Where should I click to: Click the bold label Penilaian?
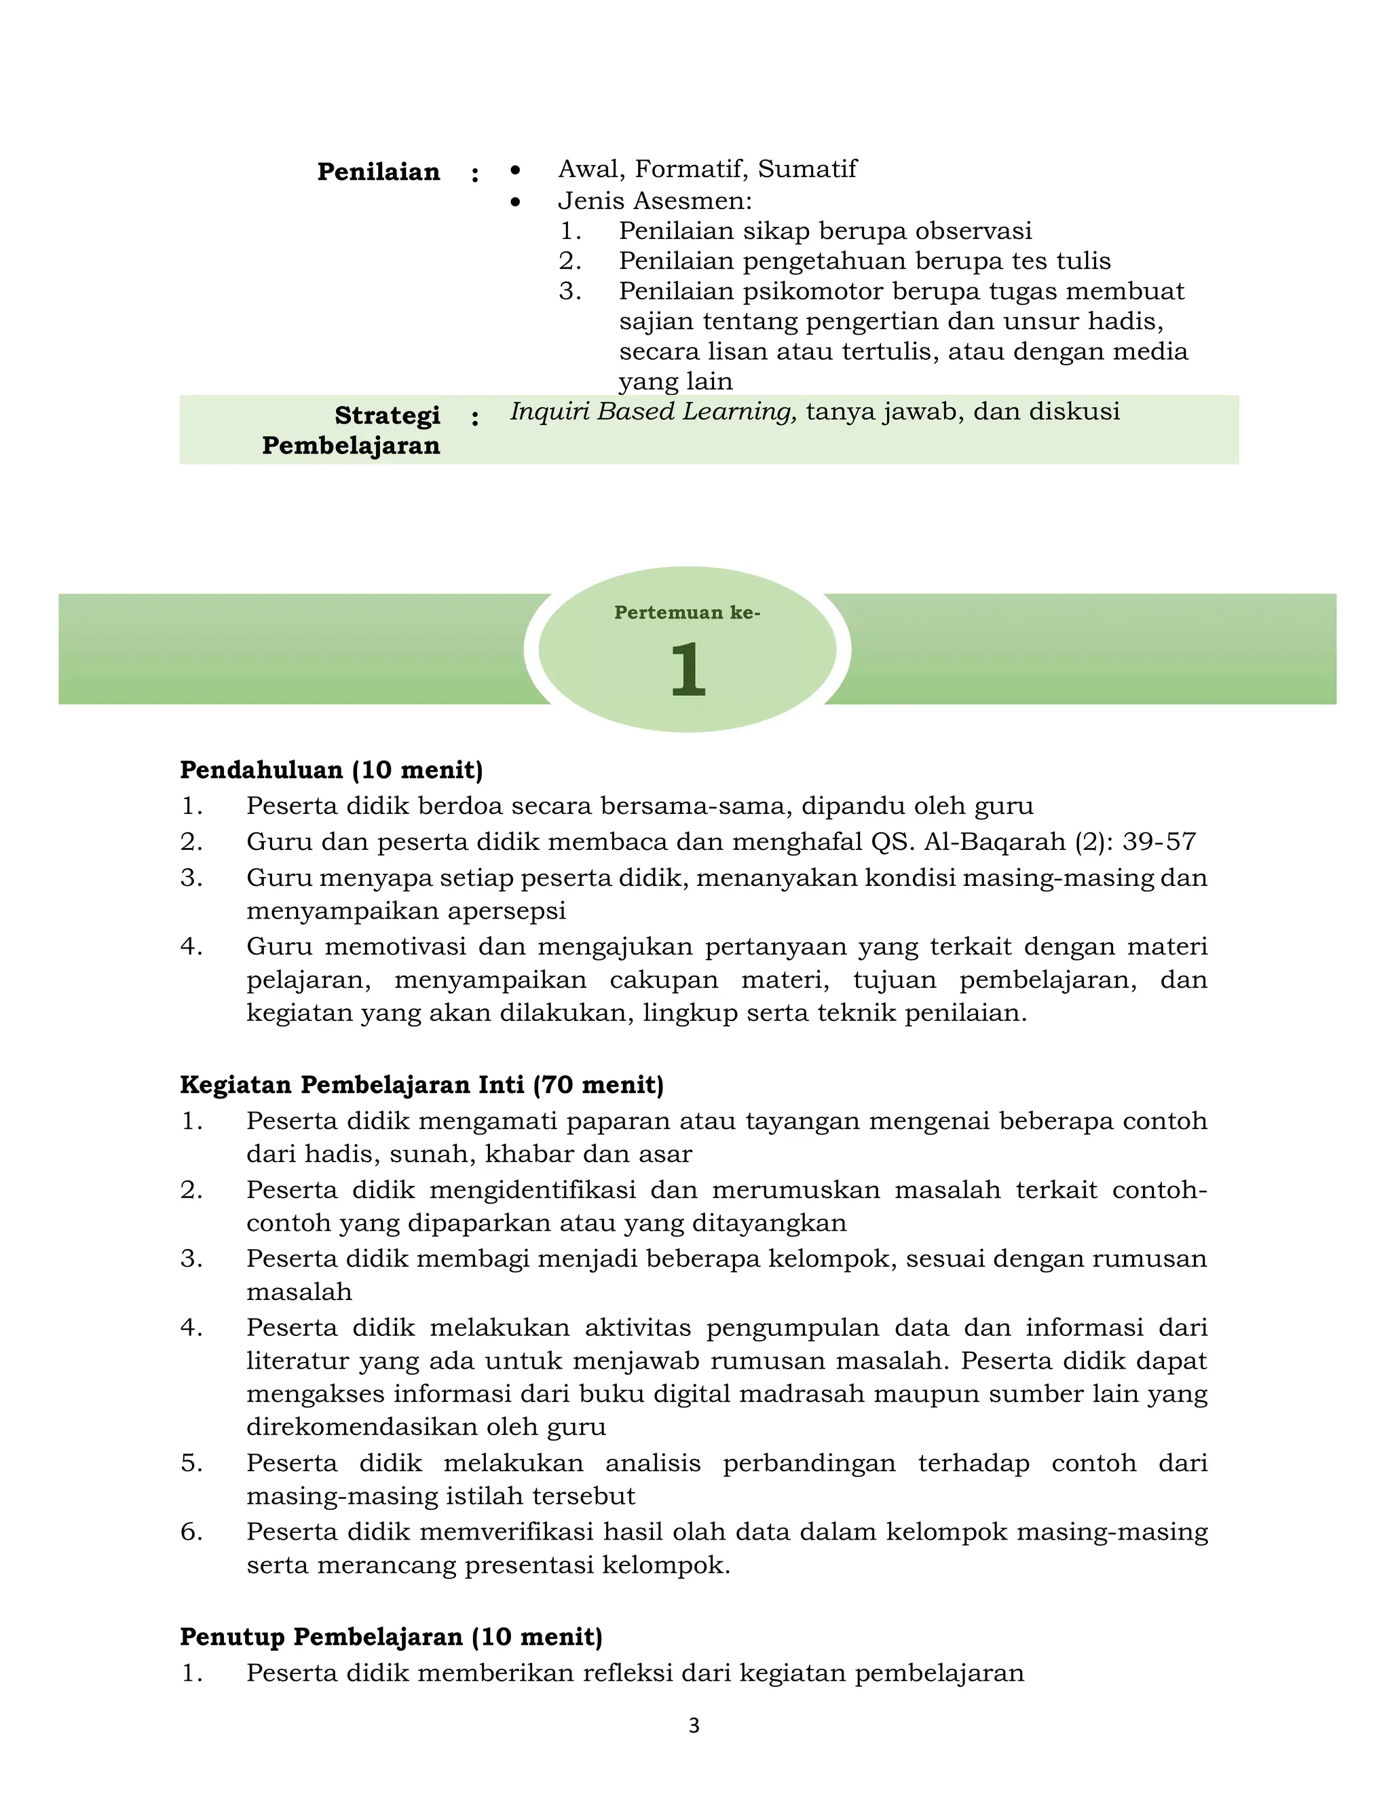378,172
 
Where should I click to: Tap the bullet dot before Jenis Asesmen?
516,202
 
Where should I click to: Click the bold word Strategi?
387,416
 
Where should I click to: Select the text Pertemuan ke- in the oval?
687,613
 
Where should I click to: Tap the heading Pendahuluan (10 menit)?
331,771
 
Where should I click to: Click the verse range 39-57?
1159,842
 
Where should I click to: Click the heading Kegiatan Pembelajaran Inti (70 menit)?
421,1085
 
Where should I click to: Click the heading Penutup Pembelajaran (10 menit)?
391,1637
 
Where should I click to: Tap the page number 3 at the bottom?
694,1726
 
